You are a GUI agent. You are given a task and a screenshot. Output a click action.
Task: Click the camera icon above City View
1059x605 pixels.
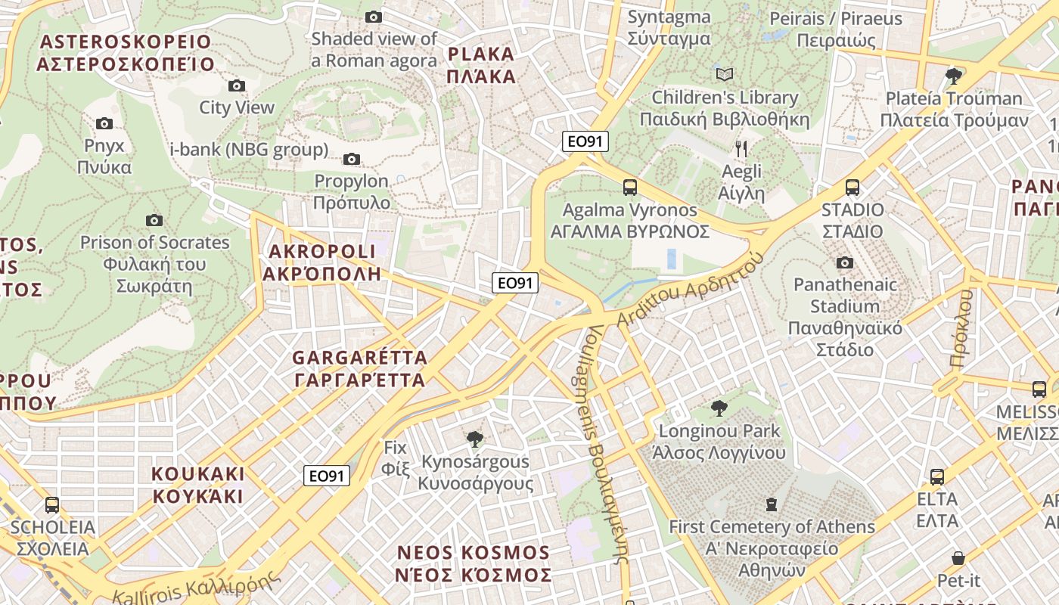point(237,85)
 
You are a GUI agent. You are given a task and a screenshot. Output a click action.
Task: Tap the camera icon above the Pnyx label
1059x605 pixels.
point(104,123)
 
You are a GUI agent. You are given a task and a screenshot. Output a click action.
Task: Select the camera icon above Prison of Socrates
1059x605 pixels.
point(154,220)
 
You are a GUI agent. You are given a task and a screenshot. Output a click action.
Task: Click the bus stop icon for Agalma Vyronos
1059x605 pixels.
point(629,188)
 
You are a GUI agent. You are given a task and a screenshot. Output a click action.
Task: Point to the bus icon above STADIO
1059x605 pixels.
point(852,188)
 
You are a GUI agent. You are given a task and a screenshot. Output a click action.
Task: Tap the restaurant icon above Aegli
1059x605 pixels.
point(741,148)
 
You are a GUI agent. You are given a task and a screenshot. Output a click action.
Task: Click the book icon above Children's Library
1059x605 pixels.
point(725,74)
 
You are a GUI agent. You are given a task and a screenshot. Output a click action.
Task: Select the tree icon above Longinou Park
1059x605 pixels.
point(719,408)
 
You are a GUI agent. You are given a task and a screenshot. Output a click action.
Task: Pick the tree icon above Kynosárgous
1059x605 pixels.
point(474,439)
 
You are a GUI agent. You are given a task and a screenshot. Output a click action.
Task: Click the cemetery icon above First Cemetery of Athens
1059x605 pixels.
point(772,504)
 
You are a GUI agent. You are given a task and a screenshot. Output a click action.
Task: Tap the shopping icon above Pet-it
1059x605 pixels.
point(958,558)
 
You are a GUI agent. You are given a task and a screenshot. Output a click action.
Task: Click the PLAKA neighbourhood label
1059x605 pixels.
point(481,65)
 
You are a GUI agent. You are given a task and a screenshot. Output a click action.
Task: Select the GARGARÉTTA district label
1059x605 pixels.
point(359,368)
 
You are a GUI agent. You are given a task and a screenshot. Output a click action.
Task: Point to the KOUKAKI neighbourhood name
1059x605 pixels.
point(198,485)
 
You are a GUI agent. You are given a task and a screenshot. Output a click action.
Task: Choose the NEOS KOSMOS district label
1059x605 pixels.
point(474,563)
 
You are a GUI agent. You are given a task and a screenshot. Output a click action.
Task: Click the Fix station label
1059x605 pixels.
point(396,458)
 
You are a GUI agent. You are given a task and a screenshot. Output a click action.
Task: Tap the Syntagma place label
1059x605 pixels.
point(669,28)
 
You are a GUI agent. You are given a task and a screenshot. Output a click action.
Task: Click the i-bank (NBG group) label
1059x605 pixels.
point(249,149)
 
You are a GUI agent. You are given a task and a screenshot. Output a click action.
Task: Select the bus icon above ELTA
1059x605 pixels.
point(937,477)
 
